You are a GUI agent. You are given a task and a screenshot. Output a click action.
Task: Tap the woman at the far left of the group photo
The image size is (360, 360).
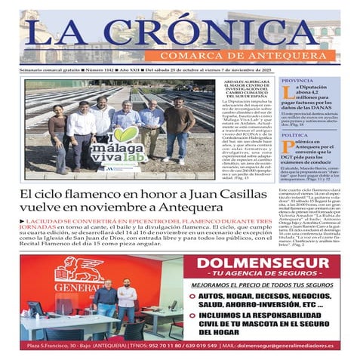coord(58,136)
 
